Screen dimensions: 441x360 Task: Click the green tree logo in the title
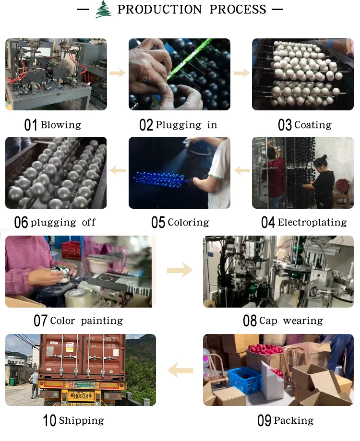tap(102, 9)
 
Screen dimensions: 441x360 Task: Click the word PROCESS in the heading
tap(238, 9)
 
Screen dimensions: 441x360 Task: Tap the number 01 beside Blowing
tap(31, 125)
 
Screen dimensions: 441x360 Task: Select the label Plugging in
tap(186, 125)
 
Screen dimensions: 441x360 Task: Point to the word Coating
tap(313, 125)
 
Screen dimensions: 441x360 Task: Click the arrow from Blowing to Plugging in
tap(117, 73)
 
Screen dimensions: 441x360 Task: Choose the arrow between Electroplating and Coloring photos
tap(242, 170)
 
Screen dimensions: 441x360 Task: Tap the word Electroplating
tap(312, 222)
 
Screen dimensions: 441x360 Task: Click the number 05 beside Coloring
tap(158, 223)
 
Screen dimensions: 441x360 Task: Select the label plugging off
tap(63, 222)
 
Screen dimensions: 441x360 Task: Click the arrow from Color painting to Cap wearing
tap(180, 271)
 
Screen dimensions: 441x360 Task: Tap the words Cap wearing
tap(291, 321)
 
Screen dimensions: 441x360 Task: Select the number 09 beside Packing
tap(264, 421)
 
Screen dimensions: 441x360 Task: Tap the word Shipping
tap(81, 421)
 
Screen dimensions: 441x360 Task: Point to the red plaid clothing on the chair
tap(342, 185)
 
